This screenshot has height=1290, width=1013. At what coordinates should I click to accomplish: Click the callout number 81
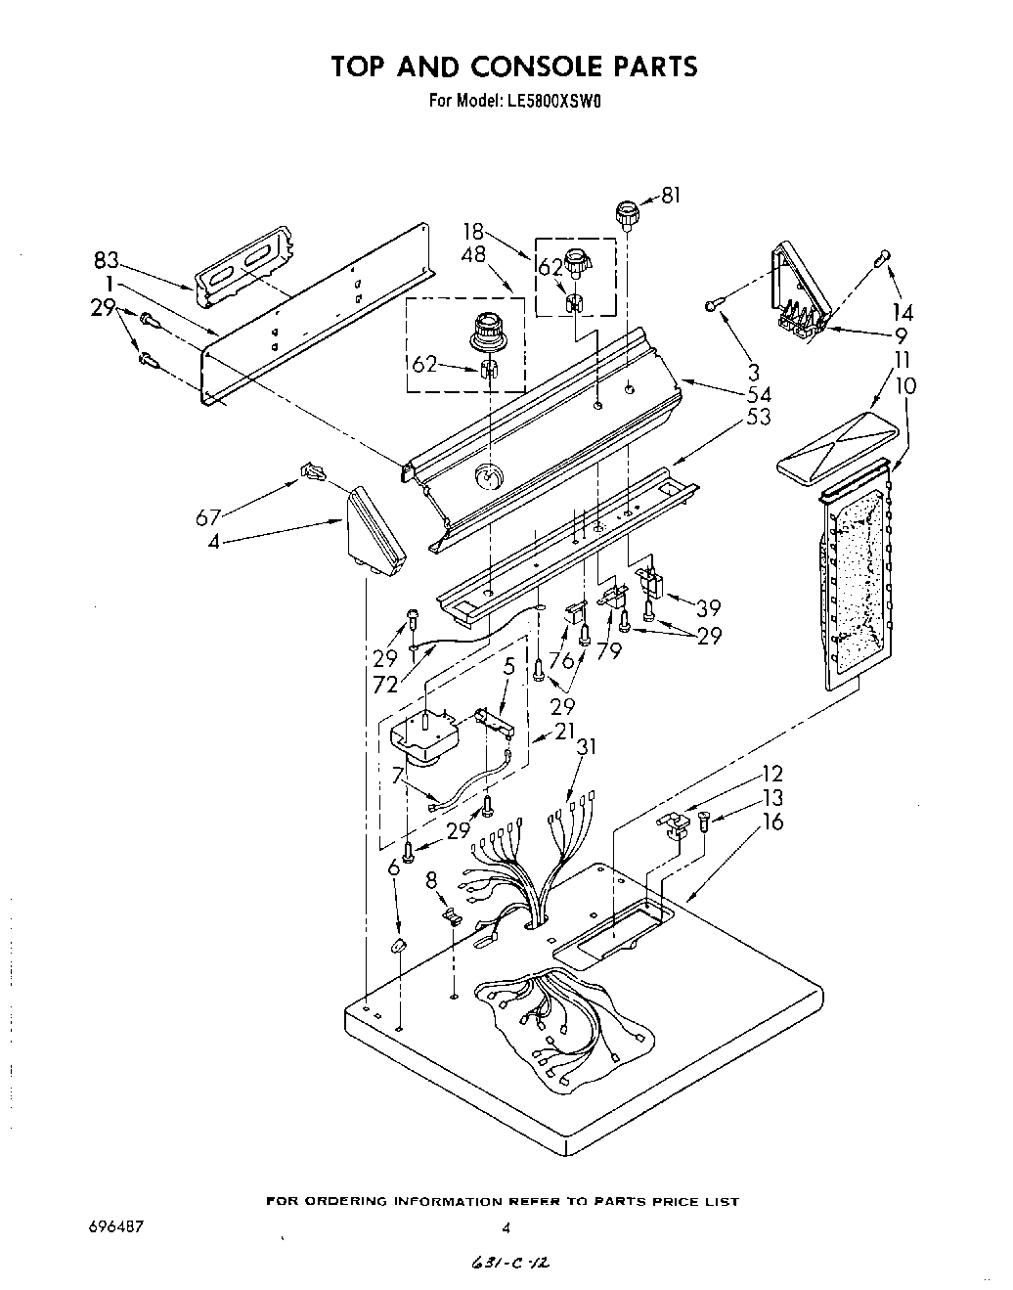click(x=670, y=196)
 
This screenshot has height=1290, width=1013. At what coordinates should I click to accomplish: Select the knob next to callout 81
click(x=626, y=214)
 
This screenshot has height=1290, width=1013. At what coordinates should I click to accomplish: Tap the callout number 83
click(x=107, y=260)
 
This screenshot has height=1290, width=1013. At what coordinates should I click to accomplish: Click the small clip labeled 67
click(x=312, y=474)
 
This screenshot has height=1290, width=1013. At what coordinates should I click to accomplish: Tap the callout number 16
click(x=772, y=822)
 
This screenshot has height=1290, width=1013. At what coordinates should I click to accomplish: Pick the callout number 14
click(x=903, y=313)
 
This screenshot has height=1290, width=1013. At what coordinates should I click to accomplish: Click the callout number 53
click(x=758, y=417)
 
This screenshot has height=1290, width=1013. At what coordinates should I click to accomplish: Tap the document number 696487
click(x=114, y=1227)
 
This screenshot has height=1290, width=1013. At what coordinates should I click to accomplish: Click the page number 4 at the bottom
click(x=506, y=1227)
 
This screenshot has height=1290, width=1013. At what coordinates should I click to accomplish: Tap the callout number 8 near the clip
click(x=431, y=880)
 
